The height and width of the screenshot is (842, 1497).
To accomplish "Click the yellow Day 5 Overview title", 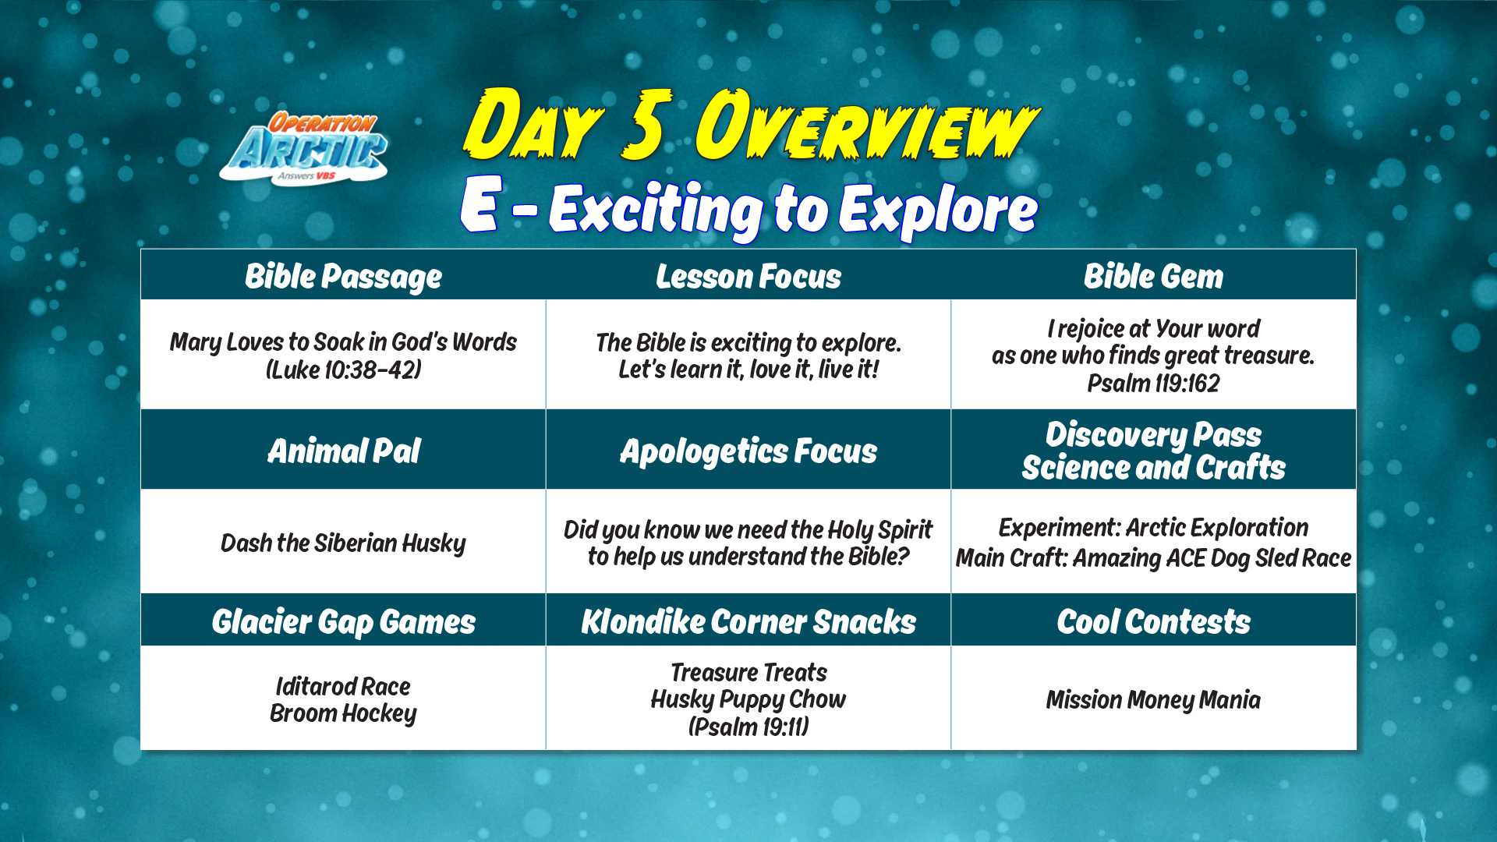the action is [751, 125].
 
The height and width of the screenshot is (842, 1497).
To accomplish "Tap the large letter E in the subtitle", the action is [480, 203].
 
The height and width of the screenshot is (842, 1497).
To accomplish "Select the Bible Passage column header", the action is [343, 277].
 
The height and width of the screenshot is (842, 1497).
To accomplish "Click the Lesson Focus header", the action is [748, 277].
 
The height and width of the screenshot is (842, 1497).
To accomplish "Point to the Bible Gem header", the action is [1153, 277].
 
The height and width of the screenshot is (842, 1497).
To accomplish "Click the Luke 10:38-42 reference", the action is [343, 370].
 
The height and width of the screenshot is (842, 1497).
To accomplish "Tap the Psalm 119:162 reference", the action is [1153, 383].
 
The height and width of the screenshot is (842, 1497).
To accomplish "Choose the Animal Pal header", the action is [343, 451].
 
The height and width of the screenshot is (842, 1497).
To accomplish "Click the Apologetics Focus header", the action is [748, 451].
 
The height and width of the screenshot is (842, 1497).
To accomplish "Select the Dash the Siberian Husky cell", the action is [343, 543].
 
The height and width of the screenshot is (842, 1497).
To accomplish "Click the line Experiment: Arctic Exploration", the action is [1153, 528].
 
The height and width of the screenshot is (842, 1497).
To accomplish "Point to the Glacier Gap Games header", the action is [343, 622].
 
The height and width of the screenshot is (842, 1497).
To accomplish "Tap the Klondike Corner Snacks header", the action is [748, 622].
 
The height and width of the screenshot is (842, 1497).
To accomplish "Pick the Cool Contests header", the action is [1153, 622].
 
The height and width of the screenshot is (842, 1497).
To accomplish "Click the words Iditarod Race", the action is [343, 686].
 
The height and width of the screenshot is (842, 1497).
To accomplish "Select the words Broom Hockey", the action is [343, 713].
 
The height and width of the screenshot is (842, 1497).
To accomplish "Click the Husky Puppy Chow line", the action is [748, 699].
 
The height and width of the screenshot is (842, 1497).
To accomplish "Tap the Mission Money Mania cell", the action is [1153, 700].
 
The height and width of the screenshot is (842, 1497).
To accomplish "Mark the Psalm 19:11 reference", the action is [748, 727].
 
